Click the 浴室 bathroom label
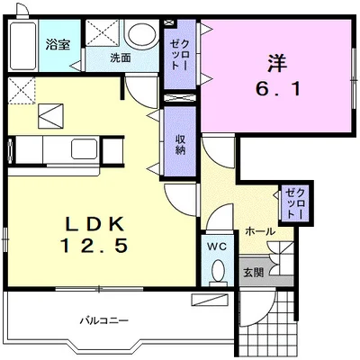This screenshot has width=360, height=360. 58,45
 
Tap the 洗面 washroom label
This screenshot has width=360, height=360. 120,58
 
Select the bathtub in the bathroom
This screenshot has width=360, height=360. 22,46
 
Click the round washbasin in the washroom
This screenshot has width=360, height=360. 141,34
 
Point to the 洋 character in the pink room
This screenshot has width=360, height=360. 277,63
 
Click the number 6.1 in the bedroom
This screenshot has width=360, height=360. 278,89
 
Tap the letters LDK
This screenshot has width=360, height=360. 94,223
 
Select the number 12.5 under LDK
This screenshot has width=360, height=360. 94,245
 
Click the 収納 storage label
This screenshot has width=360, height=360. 180,145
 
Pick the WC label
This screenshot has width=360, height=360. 218,247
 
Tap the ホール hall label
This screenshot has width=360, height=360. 260,231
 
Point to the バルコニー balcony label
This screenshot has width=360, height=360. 104,320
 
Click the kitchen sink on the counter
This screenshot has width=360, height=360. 85,148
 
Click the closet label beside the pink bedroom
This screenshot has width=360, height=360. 179,55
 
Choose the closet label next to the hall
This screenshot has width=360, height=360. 295,203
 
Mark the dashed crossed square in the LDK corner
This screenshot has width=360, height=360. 22,91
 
